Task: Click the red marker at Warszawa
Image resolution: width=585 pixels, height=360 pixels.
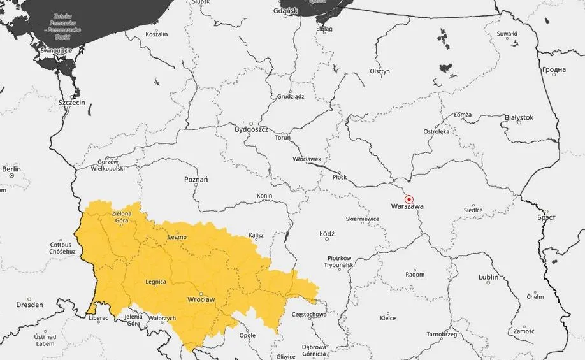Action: click(x=409, y=199)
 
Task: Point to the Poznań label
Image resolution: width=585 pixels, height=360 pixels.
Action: click(x=196, y=180)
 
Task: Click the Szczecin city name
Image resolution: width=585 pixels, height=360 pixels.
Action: click(x=71, y=102)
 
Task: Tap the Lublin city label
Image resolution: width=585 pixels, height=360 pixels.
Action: click(x=488, y=277)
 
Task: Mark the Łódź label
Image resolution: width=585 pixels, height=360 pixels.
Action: click(x=326, y=234)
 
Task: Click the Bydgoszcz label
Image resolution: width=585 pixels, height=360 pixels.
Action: click(x=251, y=129)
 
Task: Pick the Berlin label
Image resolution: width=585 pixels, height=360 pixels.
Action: click(x=11, y=169)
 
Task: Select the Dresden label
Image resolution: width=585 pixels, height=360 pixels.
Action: click(x=30, y=305)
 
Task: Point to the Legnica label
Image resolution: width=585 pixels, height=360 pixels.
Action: click(x=155, y=282)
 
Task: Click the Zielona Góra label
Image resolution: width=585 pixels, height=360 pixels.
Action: click(x=121, y=217)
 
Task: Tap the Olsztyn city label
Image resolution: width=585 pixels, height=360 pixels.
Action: click(x=379, y=71)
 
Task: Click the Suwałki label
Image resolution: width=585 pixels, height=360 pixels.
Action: click(x=507, y=34)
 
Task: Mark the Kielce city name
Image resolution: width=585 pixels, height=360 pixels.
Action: click(x=387, y=317)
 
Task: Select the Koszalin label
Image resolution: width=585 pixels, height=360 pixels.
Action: click(x=156, y=34)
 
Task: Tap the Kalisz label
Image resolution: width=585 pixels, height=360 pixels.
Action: click(x=256, y=236)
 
